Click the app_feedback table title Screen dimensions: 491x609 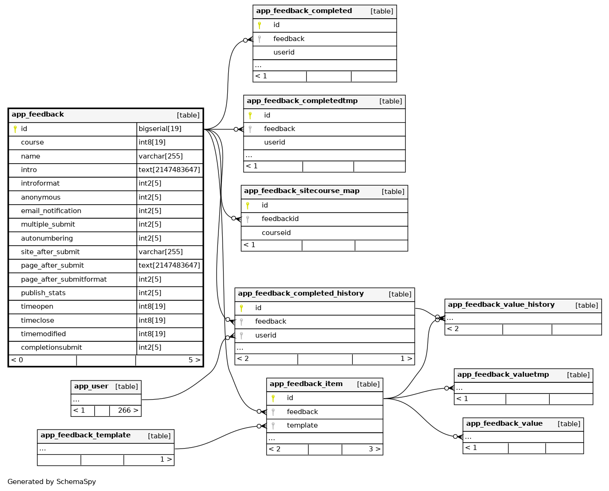click(x=38, y=115)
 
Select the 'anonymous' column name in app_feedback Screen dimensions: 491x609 click(x=41, y=197)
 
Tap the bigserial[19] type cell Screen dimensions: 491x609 click(x=160, y=129)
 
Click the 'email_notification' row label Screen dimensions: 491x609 click(x=51, y=211)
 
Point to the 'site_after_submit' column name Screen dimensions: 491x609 click(x=50, y=252)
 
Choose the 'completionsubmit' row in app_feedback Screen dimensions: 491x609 click(x=51, y=347)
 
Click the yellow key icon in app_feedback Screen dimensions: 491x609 click(x=15, y=129)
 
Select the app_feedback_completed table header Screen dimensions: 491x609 click(x=304, y=11)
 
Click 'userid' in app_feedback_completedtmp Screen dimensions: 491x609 click(x=274, y=142)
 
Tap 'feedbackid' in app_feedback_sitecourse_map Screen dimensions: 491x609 click(x=280, y=219)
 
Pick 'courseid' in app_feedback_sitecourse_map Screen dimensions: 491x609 click(x=276, y=233)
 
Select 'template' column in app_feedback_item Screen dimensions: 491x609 click(x=302, y=425)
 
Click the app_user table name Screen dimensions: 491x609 click(x=91, y=387)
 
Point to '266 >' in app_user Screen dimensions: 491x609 click(x=127, y=410)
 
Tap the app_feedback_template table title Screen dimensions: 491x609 click(x=85, y=436)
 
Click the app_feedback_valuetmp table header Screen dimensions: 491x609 click(x=503, y=375)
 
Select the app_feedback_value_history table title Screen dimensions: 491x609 click(x=501, y=305)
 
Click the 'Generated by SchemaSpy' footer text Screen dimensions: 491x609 click(x=52, y=482)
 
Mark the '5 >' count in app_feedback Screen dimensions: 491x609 click(x=194, y=360)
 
